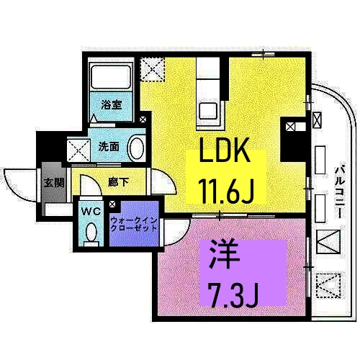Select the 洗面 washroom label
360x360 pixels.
109,146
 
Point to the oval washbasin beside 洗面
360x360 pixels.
135,148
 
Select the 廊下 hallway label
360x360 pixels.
119,182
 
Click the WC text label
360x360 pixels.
90,212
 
